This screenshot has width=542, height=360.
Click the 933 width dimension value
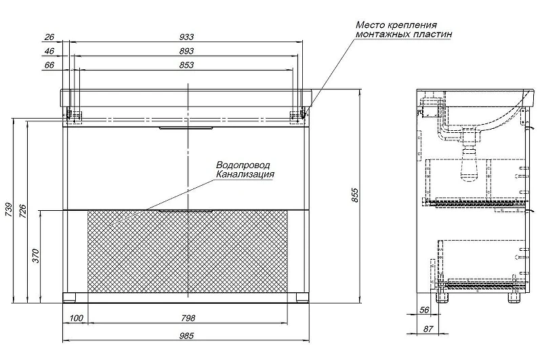(187, 37)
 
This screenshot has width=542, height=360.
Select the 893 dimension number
(187, 51)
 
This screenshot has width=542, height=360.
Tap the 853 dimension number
(187, 65)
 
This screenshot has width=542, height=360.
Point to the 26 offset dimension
(49, 37)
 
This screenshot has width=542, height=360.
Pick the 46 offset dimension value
(49, 51)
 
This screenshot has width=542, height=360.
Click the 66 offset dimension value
(49, 65)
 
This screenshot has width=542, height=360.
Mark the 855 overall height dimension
(355, 195)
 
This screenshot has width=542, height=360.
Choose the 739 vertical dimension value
(9, 209)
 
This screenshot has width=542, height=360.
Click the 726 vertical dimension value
(22, 212)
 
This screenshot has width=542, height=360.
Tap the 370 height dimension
(36, 256)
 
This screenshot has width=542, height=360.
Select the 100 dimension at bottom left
(77, 318)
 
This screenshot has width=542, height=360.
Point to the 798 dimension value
(188, 318)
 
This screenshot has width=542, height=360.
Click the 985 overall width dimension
(187, 336)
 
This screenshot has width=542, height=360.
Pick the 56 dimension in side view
(424, 310)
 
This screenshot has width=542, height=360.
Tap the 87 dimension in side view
(428, 329)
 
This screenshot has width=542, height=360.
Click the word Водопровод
(243, 165)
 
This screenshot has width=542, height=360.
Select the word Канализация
(245, 174)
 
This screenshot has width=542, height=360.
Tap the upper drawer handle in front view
(186, 129)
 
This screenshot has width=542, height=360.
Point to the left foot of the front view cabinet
(69, 297)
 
